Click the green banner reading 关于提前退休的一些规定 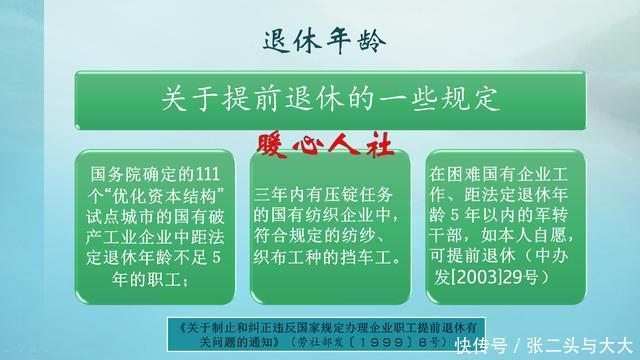tap(319, 100)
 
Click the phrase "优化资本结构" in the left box tap(166, 192)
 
